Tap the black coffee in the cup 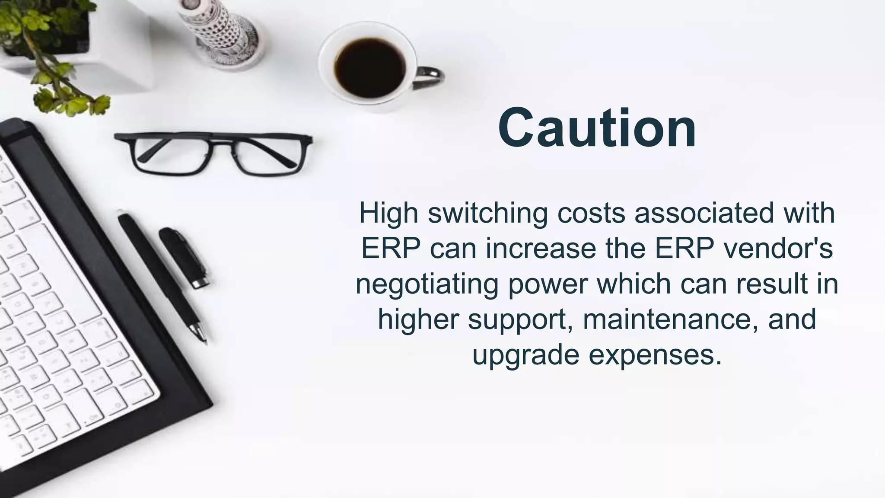point(369,68)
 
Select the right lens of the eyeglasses point(268,153)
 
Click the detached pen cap point(184,258)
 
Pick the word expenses point(655,356)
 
